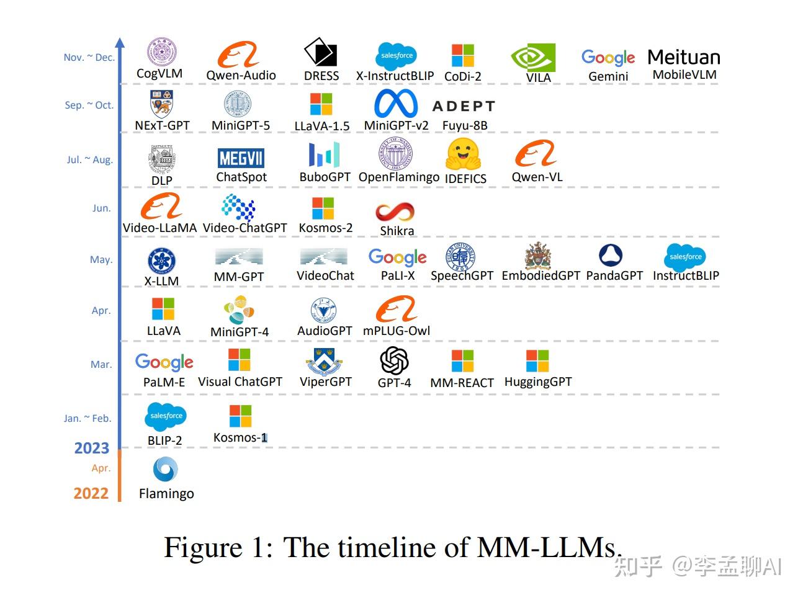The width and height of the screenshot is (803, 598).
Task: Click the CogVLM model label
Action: [x=159, y=73]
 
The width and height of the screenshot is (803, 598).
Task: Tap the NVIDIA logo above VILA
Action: [x=533, y=58]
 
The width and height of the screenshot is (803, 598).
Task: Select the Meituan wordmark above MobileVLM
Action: [x=683, y=57]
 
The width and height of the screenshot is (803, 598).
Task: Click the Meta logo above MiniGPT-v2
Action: [x=396, y=103]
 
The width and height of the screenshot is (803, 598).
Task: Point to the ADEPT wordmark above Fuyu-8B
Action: [x=464, y=106]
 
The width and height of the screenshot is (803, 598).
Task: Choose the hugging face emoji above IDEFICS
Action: [x=464, y=154]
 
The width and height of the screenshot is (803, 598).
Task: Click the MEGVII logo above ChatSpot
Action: [x=241, y=158]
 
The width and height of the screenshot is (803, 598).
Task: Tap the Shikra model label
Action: [x=397, y=231]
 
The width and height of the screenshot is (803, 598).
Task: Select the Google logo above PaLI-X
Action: [x=397, y=257]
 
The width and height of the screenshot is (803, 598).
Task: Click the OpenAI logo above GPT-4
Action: [x=394, y=360]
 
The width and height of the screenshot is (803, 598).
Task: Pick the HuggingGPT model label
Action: [x=538, y=382]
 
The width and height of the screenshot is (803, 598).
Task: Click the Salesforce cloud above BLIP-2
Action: [x=166, y=416]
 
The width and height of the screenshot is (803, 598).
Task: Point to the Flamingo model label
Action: [x=166, y=494]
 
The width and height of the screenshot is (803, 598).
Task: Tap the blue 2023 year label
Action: [x=91, y=448]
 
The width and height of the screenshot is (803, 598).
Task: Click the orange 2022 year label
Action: [x=91, y=493]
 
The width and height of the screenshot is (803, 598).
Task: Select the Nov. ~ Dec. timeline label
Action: [x=89, y=57]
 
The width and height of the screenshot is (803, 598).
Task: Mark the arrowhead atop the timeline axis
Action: [x=120, y=43]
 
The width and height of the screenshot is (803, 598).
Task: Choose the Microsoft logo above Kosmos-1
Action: [x=240, y=416]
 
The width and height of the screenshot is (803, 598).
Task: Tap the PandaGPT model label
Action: [x=614, y=275]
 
